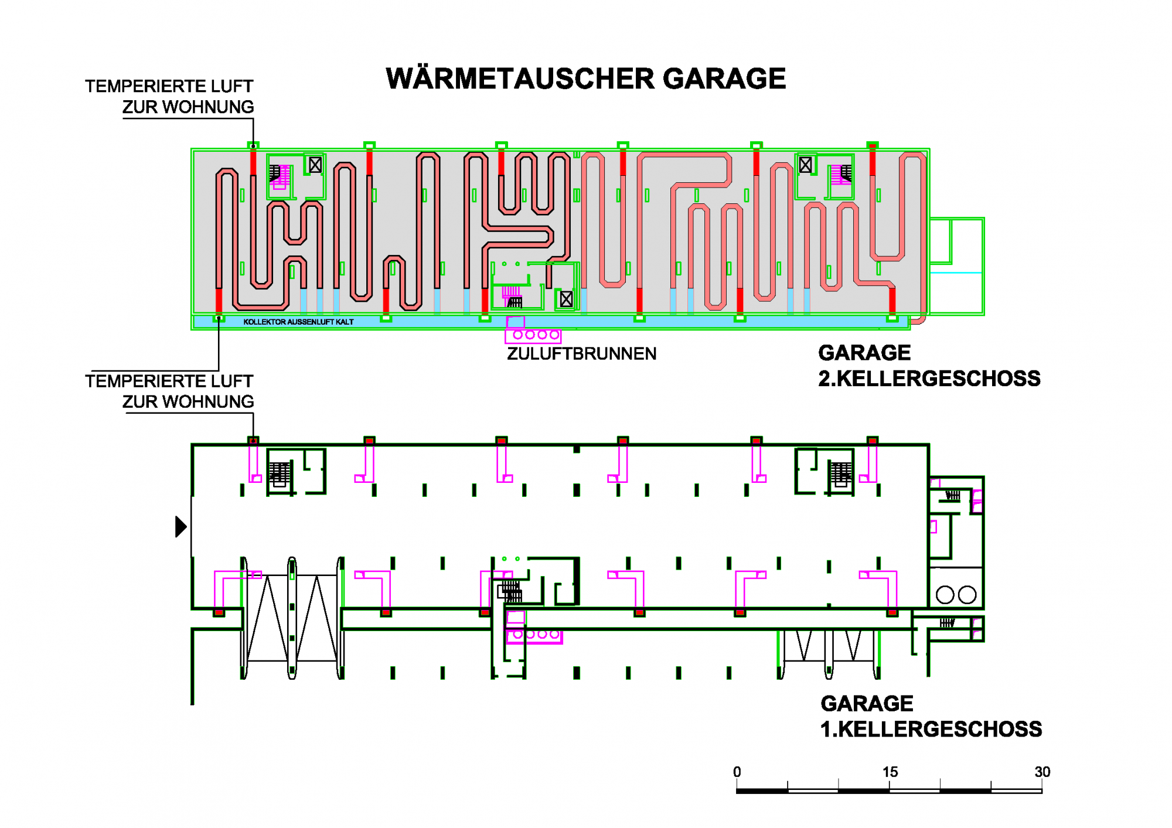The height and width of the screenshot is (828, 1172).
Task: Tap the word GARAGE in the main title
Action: point(724,79)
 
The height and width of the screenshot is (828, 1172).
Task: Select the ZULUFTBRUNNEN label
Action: point(581,354)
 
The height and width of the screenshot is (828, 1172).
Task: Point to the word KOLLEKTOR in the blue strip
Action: point(264,322)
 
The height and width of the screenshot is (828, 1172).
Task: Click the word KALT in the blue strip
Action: point(345,322)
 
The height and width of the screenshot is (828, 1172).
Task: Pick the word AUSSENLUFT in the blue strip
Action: point(311,322)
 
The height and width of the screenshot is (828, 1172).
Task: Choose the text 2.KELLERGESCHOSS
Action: point(929,379)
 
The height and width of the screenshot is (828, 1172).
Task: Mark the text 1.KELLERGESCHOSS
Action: point(931,730)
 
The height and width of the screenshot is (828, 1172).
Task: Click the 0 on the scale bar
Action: point(737,772)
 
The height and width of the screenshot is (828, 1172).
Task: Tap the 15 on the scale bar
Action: point(890,772)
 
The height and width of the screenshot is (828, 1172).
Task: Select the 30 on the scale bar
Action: point(1042,772)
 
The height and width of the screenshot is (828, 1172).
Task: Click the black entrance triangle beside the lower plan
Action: point(180,526)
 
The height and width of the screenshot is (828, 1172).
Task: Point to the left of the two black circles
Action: point(945,595)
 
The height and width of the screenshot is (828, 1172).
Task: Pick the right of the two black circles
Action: point(967,595)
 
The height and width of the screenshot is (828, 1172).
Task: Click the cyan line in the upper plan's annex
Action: point(956,272)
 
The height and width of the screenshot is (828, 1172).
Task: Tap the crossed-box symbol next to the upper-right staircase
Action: point(806,165)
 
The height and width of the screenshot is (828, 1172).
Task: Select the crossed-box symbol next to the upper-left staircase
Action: point(315,165)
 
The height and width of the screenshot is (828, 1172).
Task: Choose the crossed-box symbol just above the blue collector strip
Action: point(566,299)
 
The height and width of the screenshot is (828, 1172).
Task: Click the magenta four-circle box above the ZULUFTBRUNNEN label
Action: point(533,335)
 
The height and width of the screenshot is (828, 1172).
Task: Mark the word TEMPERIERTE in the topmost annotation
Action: point(137,87)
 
